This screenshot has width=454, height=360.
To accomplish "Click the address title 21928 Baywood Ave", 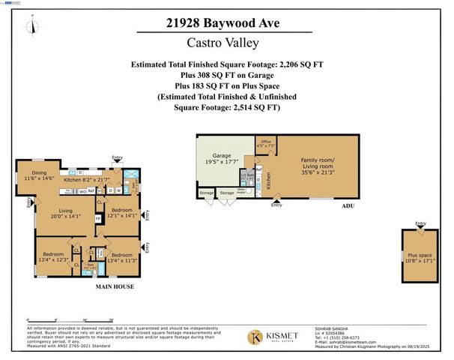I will (x=226, y=24).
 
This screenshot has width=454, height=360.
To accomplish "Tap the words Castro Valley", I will (x=226, y=46).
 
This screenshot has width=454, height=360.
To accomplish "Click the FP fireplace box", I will (x=98, y=220).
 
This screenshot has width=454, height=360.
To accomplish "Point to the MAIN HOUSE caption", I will (x=115, y=287).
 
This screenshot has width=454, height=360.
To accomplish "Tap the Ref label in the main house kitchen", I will (x=91, y=190).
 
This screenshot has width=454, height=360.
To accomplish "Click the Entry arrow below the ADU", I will (x=277, y=202).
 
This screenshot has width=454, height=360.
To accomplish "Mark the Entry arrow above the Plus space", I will (x=420, y=225).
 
